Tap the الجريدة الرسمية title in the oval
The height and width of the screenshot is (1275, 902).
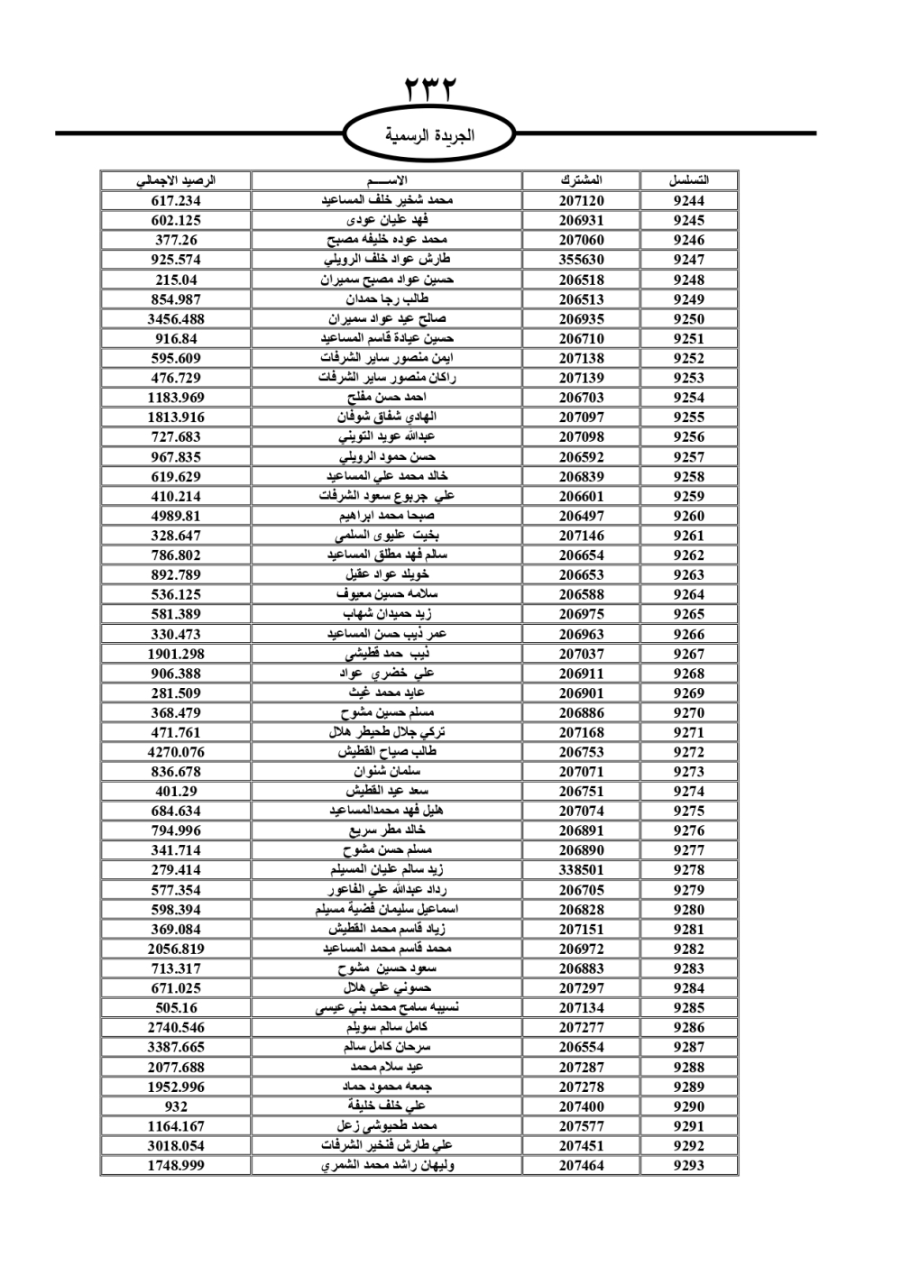coord(429,136)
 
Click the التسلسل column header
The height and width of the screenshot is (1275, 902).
coord(688,180)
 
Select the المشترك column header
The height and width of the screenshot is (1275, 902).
coord(581,180)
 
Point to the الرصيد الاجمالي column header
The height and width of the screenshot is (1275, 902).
coord(176,180)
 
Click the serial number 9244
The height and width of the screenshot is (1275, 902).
coord(688,201)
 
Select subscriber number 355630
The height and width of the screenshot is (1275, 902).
coord(581,260)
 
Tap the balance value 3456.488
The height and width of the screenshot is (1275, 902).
coord(176,319)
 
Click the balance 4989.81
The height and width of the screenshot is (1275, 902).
coord(176,516)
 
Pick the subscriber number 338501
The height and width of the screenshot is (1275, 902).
coord(581,870)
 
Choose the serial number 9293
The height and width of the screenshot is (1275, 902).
coord(688,1165)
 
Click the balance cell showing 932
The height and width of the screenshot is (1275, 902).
coord(176,1106)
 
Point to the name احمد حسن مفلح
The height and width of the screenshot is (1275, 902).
coord(387,398)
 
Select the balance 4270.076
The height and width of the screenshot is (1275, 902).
coord(176,752)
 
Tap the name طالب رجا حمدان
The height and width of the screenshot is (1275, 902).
coord(387,299)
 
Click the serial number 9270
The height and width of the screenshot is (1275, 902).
coord(688,712)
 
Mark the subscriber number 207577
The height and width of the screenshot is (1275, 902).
coord(581,1126)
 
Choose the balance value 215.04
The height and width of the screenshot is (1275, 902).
coord(176,280)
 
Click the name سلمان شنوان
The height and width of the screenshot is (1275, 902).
coord(387,772)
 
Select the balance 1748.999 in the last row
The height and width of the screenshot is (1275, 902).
coord(176,1165)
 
